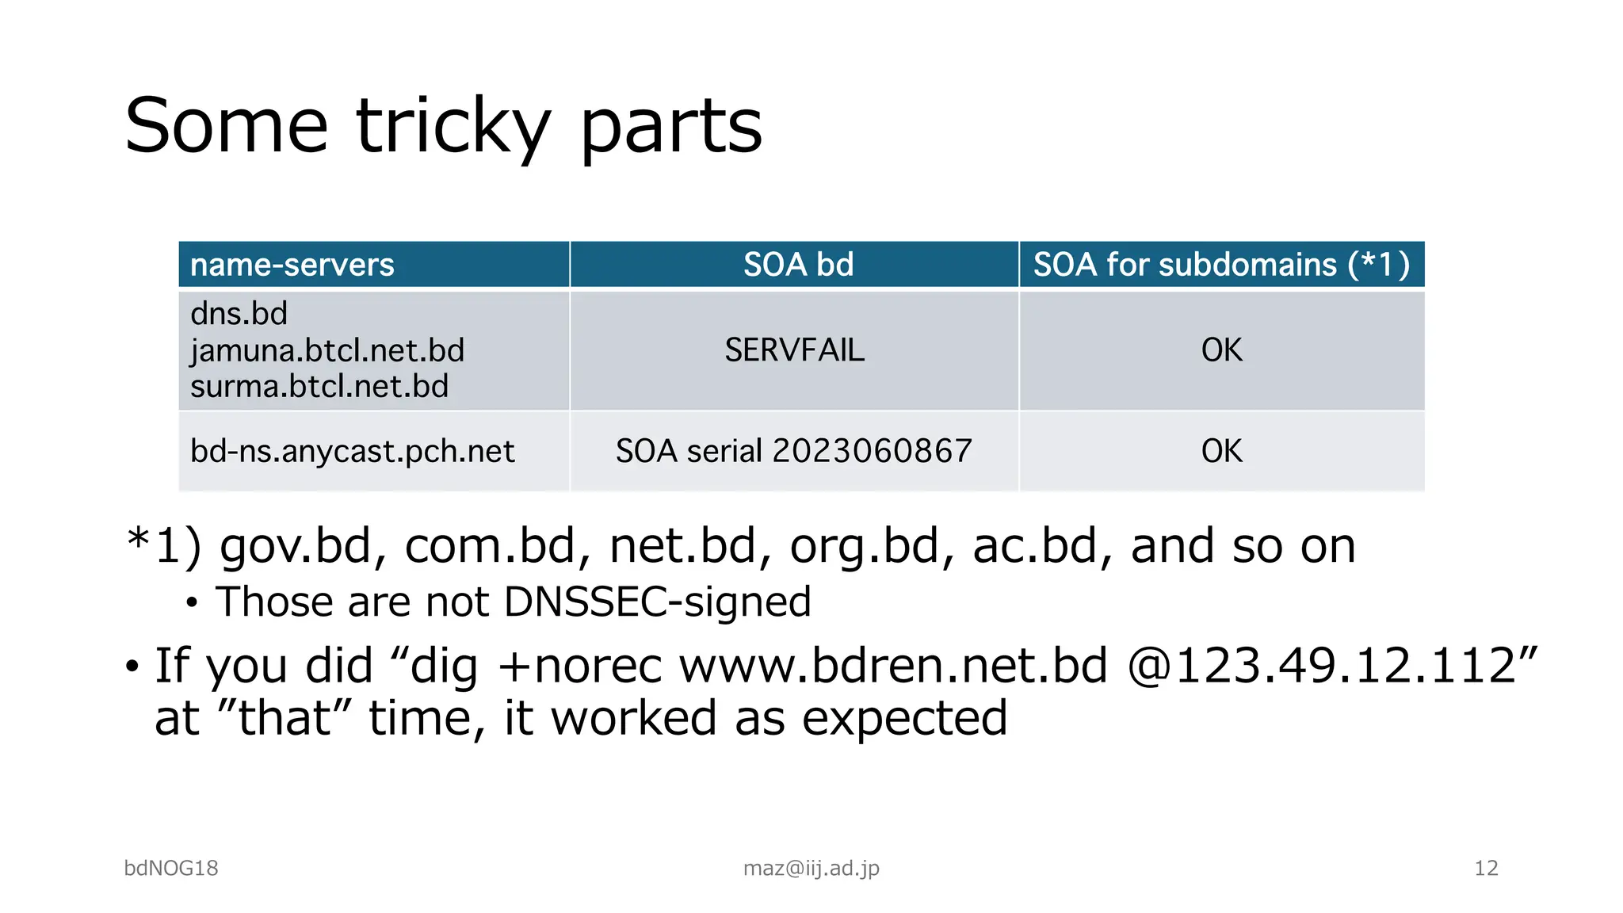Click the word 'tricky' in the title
pos(453,127)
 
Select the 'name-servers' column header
pos(292,265)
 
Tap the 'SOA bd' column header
pos(798,265)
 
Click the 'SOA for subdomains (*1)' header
pos(1221,265)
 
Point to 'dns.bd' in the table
pos(239,314)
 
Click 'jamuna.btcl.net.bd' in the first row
pos(327,350)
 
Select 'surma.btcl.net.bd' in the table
pos(319,387)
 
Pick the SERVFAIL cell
pos(794,350)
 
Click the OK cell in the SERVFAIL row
pos(1221,350)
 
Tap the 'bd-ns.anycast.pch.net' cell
pos(352,451)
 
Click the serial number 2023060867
pos(872,451)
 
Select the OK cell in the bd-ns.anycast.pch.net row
pos(1221,451)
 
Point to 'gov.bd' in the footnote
pos(295,547)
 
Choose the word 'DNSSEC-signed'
pos(657,602)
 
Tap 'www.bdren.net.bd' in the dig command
pos(893,666)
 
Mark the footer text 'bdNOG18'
pos(171,869)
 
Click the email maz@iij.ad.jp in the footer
pos(811,869)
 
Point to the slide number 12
pos(1486,869)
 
